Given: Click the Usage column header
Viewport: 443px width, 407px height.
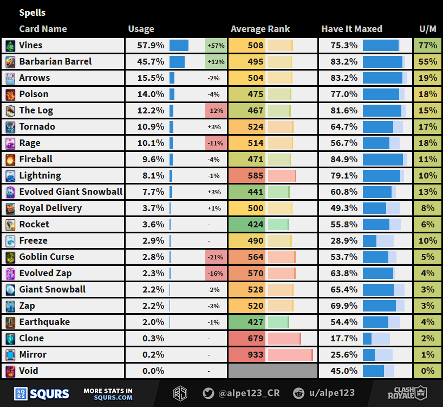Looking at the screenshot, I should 141,29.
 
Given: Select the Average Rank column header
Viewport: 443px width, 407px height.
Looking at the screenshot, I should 260,29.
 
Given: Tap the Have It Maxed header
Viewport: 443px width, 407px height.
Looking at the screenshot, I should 351,29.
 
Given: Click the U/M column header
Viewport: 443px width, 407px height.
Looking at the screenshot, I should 428,29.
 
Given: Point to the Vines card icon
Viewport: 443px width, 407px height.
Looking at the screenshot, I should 10,46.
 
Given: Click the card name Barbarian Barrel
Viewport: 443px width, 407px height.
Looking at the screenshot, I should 55,62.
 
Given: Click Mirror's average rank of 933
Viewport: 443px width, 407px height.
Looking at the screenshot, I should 256,355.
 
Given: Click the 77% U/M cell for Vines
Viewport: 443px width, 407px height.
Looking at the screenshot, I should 428,46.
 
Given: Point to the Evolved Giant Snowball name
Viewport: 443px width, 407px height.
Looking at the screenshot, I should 70,192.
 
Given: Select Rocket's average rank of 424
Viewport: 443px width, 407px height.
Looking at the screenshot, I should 256,225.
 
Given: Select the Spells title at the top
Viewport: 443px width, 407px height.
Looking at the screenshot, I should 32,12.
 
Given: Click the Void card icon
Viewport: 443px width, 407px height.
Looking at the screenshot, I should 10,371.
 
